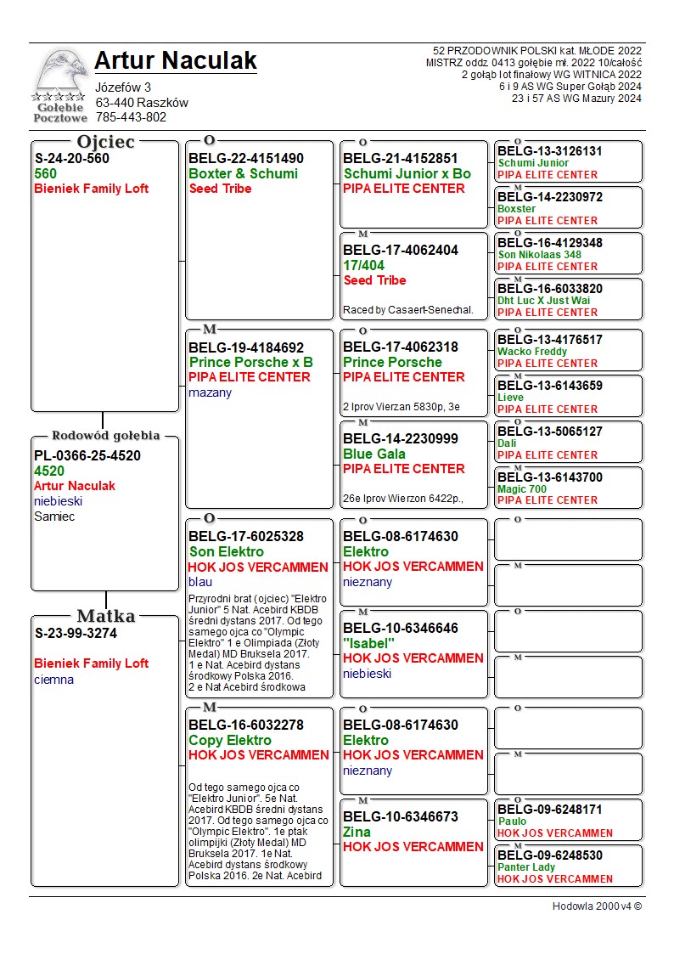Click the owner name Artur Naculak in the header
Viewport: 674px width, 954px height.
pos(176,61)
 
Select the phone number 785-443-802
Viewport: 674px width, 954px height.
pos(131,117)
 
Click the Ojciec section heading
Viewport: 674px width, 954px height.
pos(105,142)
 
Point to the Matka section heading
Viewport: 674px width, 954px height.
pos(105,617)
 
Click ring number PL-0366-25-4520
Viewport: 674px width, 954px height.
pos(87,456)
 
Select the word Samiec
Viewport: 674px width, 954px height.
pos(54,517)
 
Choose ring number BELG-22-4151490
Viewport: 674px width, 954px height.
pos(246,159)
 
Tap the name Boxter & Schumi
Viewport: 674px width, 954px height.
pos(243,174)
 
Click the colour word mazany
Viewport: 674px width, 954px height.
pos(210,392)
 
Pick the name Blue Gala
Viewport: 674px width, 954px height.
pos(374,454)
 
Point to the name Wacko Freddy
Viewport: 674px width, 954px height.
pos(532,352)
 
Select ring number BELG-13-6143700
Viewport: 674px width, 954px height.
pos(550,477)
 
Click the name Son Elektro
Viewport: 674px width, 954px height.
pos(226,552)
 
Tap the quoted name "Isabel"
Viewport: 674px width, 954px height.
pos(369,643)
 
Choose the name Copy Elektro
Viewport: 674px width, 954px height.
pos(229,741)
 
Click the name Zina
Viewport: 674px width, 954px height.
pos(357,832)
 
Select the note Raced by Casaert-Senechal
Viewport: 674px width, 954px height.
pos(408,310)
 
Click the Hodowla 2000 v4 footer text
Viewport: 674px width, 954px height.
pos(597,906)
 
